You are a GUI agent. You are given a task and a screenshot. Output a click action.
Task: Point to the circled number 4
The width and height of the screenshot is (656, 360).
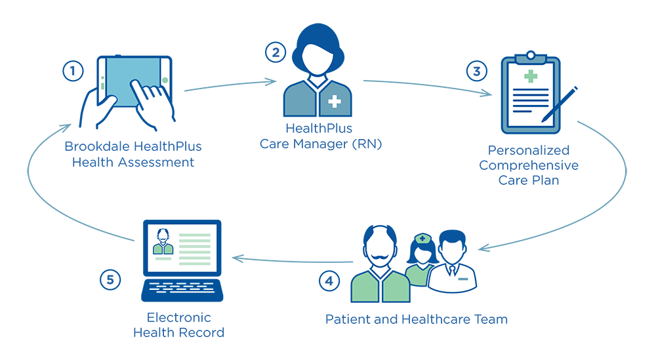[329, 281]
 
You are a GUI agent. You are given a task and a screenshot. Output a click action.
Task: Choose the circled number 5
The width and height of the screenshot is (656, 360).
[110, 280]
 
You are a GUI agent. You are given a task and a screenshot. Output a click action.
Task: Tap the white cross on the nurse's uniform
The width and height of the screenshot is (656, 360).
[335, 102]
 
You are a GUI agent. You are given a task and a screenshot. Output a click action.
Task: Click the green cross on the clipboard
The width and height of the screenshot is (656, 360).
[530, 77]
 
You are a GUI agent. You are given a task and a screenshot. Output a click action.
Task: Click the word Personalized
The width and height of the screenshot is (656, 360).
[528, 150]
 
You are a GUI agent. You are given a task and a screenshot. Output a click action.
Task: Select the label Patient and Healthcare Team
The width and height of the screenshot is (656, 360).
[417, 320]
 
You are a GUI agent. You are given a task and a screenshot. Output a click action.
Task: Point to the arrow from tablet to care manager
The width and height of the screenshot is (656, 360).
[230, 85]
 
